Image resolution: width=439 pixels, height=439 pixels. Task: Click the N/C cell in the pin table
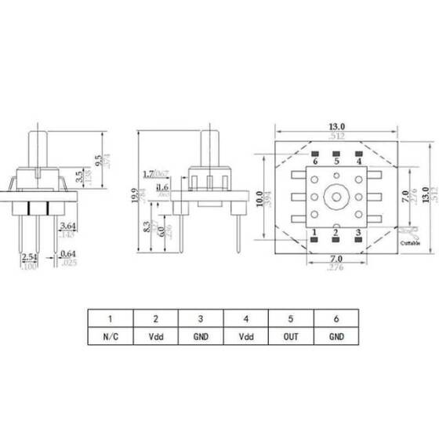click(x=111, y=339)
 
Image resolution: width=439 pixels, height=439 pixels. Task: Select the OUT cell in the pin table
click(x=292, y=339)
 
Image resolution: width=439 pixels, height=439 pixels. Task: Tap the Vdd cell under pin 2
click(x=156, y=339)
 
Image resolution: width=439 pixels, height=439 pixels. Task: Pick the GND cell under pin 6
click(x=337, y=339)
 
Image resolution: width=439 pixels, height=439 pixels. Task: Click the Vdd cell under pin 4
click(x=246, y=339)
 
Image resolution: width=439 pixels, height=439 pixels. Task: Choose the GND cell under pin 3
click(x=201, y=339)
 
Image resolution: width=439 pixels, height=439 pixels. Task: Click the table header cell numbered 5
click(x=292, y=319)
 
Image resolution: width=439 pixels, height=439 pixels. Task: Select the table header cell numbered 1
click(x=111, y=319)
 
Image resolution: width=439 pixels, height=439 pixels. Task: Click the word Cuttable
click(x=412, y=244)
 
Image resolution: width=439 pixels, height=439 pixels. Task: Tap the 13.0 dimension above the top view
click(x=336, y=125)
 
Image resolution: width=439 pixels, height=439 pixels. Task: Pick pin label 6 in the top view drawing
click(x=314, y=161)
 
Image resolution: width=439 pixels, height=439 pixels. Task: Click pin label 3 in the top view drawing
click(x=358, y=233)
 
